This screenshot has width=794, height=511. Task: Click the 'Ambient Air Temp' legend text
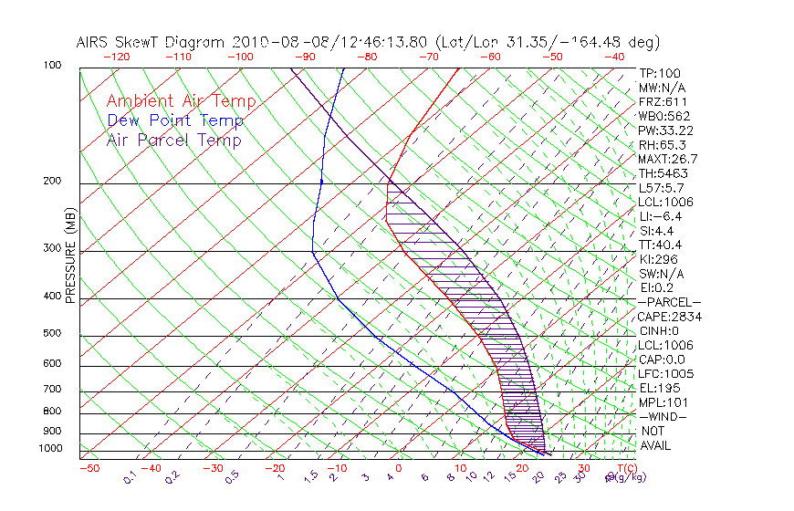[181, 101]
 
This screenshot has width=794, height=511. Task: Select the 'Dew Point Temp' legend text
[174, 120]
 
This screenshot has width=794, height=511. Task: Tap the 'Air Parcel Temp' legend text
[173, 140]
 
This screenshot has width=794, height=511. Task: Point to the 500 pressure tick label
[52, 334]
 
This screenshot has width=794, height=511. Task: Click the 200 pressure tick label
[52, 182]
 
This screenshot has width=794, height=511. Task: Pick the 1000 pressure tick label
[49, 449]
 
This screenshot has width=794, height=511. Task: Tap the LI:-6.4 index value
[660, 216]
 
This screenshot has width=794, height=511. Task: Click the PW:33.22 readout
[663, 130]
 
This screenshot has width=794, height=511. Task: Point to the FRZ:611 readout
[662, 102]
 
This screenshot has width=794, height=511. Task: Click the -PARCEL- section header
[669, 302]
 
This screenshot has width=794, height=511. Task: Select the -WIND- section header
[663, 416]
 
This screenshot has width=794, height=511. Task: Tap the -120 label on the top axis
[116, 57]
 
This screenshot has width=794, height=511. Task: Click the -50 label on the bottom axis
[89, 468]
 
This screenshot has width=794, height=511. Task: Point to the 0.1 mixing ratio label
[131, 475]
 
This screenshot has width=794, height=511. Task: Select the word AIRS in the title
[94, 42]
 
